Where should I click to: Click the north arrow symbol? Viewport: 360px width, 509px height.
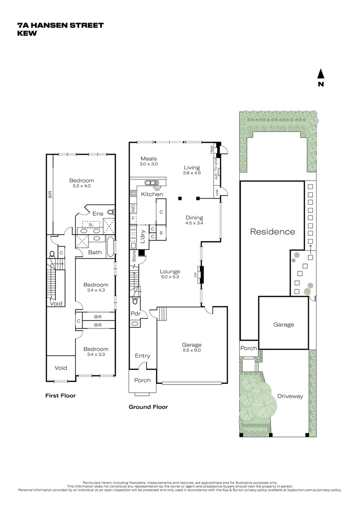pyautogui.click(x=320, y=74)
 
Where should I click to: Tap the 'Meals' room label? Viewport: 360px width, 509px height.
pyautogui.click(x=148, y=159)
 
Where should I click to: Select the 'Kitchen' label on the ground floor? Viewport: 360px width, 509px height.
pyautogui.click(x=152, y=194)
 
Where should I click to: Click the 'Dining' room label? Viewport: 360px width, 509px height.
pyautogui.click(x=194, y=218)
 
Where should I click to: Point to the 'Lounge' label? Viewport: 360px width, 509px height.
pyautogui.click(x=170, y=271)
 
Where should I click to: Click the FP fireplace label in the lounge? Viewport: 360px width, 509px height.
pyautogui.click(x=195, y=275)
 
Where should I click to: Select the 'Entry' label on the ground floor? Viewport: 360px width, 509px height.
pyautogui.click(x=142, y=356)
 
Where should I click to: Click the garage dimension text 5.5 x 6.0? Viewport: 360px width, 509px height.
pyautogui.click(x=192, y=351)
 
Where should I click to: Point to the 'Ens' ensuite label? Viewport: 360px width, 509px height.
pyautogui.click(x=98, y=213)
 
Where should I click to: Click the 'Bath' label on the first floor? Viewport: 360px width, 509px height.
pyautogui.click(x=95, y=252)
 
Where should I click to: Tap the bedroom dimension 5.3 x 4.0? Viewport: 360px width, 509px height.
pyautogui.click(x=82, y=186)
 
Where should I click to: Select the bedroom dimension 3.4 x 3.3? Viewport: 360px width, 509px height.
pyautogui.click(x=96, y=355)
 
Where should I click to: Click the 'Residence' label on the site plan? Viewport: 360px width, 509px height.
pyautogui.click(x=272, y=231)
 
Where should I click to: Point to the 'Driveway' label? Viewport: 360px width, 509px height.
pyautogui.click(x=290, y=396)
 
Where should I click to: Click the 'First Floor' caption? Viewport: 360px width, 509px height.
pyautogui.click(x=60, y=395)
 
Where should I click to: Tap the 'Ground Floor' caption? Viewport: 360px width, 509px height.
pyautogui.click(x=148, y=407)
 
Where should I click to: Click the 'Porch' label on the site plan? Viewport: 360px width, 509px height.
pyautogui.click(x=248, y=348)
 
